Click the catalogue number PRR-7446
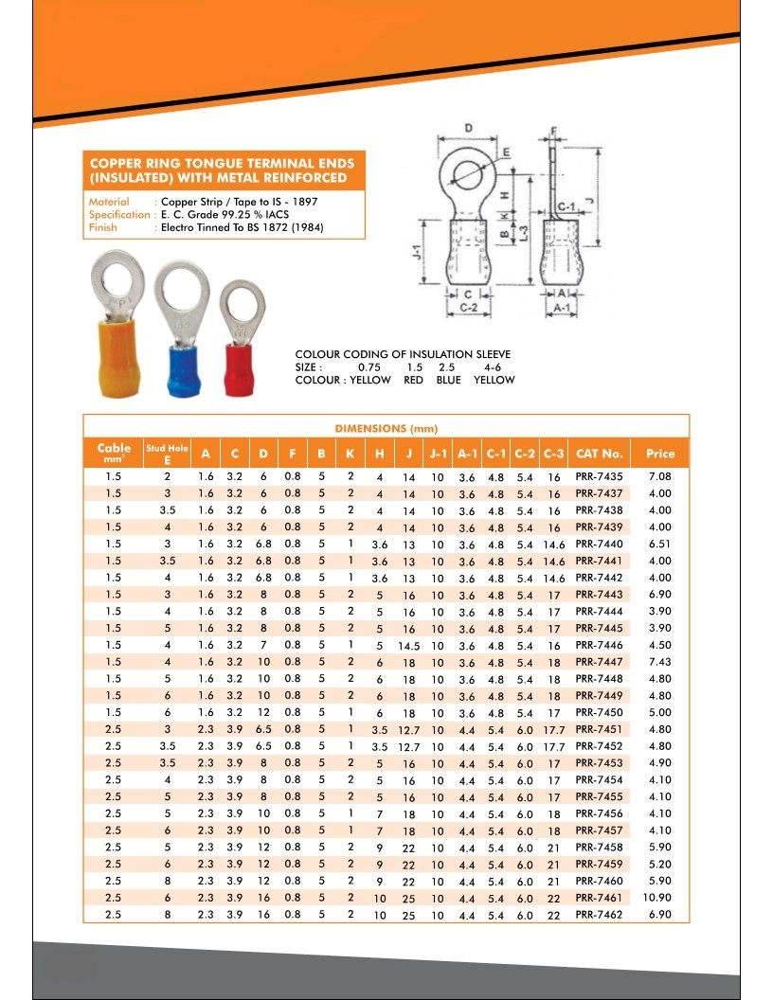tap(599, 645)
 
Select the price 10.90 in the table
tap(659, 898)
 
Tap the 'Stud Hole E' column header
tap(167, 454)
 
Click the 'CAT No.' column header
tap(599, 454)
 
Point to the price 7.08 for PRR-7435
tap(659, 476)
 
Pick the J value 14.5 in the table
tap(408, 646)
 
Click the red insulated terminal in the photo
tap(241, 338)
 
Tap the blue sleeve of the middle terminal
tap(184, 371)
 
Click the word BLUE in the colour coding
tap(448, 380)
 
